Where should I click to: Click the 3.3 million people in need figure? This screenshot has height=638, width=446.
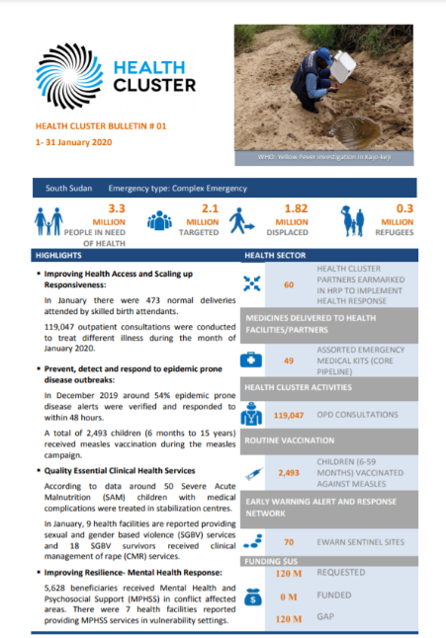coord(116,208)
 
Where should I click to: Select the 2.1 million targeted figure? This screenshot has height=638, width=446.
coord(210,208)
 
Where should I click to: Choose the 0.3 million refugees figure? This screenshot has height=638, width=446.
coord(405,208)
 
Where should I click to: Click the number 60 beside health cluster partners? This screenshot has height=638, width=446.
coord(289,284)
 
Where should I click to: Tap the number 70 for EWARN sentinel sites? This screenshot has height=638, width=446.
coord(289,542)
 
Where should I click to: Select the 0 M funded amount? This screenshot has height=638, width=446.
coord(289,597)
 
